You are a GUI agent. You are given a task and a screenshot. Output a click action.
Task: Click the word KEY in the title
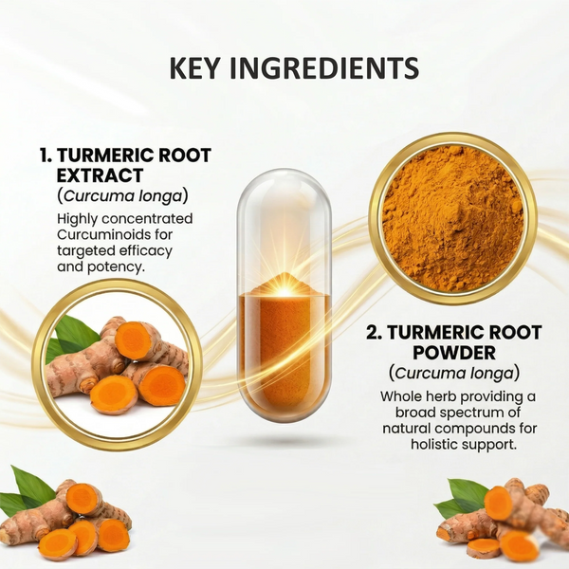pos(193,69)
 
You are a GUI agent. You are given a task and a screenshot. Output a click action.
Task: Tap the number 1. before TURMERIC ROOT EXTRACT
pos(46,156)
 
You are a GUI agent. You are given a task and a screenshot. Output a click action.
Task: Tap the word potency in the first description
pos(119,266)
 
